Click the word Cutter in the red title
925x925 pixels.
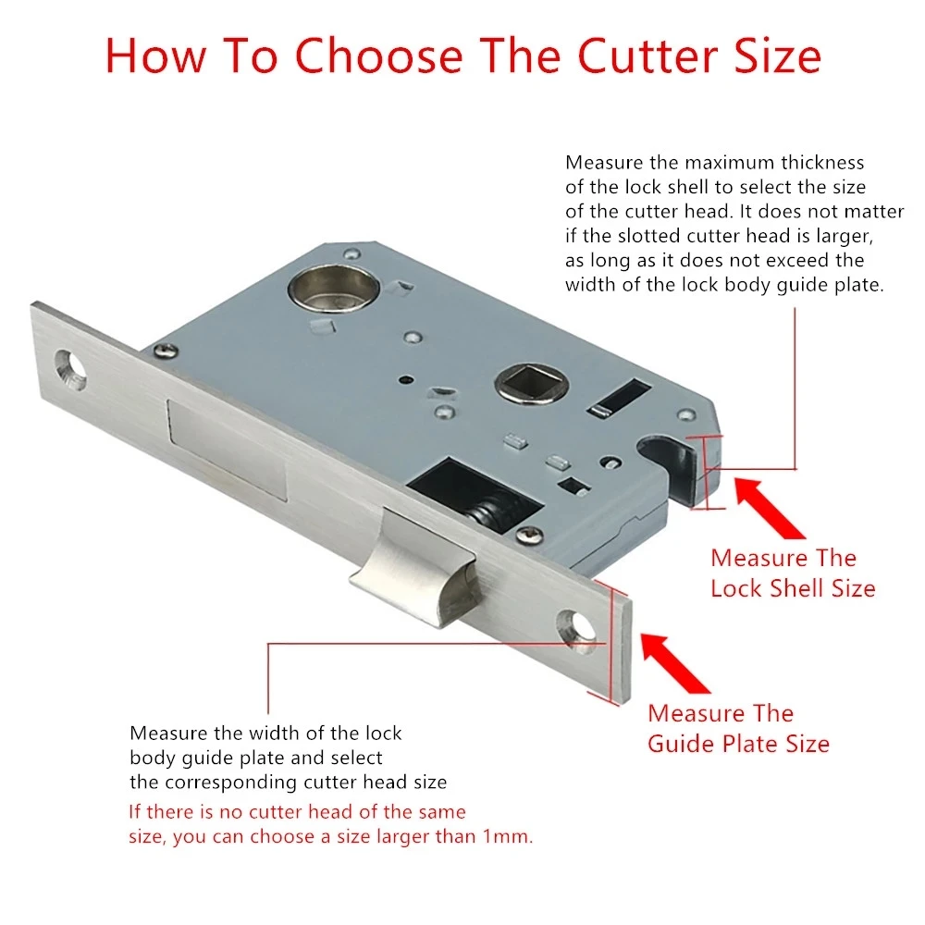pyautogui.click(x=647, y=56)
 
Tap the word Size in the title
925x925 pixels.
pyautogui.click(x=778, y=56)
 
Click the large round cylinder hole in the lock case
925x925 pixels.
pyautogui.click(x=333, y=289)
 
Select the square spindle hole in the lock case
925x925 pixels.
pyautogui.click(x=532, y=383)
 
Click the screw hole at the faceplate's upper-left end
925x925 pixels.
pyautogui.click(x=70, y=370)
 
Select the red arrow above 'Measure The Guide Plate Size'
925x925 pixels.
pyautogui.click(x=675, y=663)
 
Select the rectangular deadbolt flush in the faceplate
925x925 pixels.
pyautogui.click(x=228, y=450)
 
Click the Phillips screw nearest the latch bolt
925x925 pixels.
pyautogui.click(x=529, y=536)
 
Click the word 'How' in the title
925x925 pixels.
pyautogui.click(x=156, y=56)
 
